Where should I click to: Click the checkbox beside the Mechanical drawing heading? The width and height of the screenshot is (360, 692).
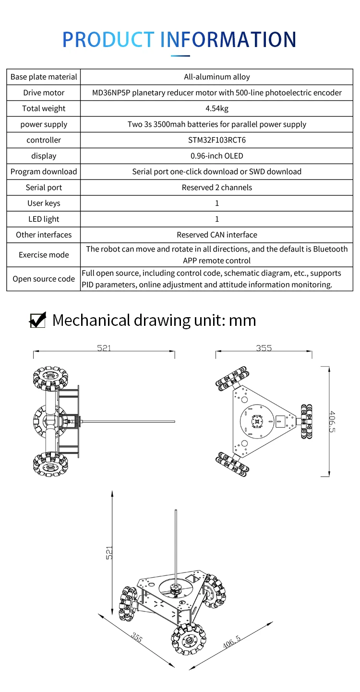(x=37, y=320)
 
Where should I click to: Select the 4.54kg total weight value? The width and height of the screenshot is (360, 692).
(x=216, y=108)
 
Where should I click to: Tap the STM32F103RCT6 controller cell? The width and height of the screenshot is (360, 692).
(x=216, y=140)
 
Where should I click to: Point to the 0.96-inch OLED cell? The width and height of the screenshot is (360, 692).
(x=216, y=155)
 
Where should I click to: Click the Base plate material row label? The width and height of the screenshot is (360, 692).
(x=44, y=77)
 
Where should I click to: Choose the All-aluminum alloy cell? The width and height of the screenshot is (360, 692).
(x=216, y=77)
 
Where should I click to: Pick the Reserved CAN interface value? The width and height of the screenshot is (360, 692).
(x=216, y=235)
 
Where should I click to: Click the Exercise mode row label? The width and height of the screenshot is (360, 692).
(x=44, y=255)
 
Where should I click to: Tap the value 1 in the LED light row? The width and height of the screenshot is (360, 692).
(x=216, y=219)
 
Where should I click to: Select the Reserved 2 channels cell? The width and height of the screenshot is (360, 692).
(x=216, y=187)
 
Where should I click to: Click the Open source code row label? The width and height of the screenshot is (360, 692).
(x=44, y=279)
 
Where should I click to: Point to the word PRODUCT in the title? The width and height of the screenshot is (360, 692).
(x=108, y=39)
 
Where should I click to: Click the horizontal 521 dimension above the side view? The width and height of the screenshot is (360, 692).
(x=104, y=348)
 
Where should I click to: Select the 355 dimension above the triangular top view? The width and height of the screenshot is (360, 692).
(x=264, y=348)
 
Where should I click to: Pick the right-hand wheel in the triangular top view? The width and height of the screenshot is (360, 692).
(x=306, y=421)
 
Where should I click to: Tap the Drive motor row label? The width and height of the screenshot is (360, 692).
(x=44, y=93)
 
